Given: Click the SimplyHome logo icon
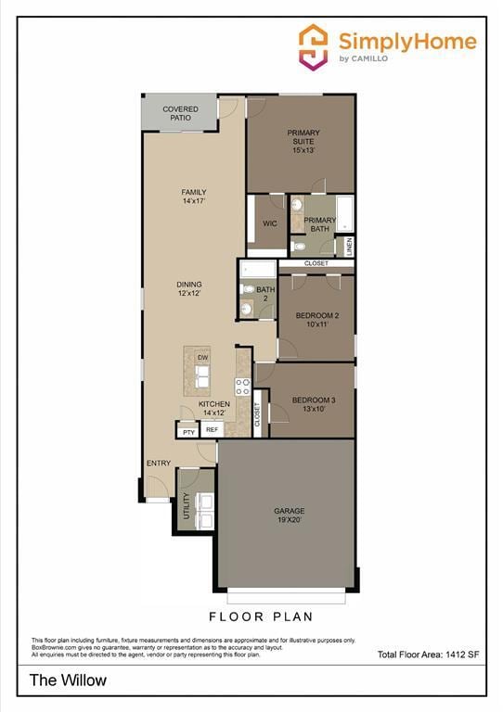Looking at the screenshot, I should point(313,45).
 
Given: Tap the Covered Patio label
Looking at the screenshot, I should point(180,114).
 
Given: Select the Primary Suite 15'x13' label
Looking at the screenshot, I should point(303,141).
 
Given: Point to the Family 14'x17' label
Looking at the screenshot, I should point(194,197).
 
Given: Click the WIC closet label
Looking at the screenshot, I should point(270,223).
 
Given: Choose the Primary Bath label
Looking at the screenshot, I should point(319,224).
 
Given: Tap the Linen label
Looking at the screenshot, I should point(350,247).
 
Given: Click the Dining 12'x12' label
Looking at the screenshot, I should point(189,288).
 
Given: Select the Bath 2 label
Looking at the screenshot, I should point(265,294).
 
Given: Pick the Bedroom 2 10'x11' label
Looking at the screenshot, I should point(316,320).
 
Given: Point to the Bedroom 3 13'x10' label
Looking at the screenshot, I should point(314,404).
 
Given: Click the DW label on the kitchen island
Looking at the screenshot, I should point(202,357).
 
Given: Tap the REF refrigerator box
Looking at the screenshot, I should point(212,430).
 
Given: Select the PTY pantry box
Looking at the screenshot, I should point(188,431).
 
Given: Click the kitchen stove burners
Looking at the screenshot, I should point(243,387).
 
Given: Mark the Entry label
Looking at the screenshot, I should point(158,464).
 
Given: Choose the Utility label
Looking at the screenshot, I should point(187,506).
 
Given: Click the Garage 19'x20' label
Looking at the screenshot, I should point(289,515).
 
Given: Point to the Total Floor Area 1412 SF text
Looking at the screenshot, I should point(428,655).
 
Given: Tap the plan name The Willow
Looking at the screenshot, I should point(68,680).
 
